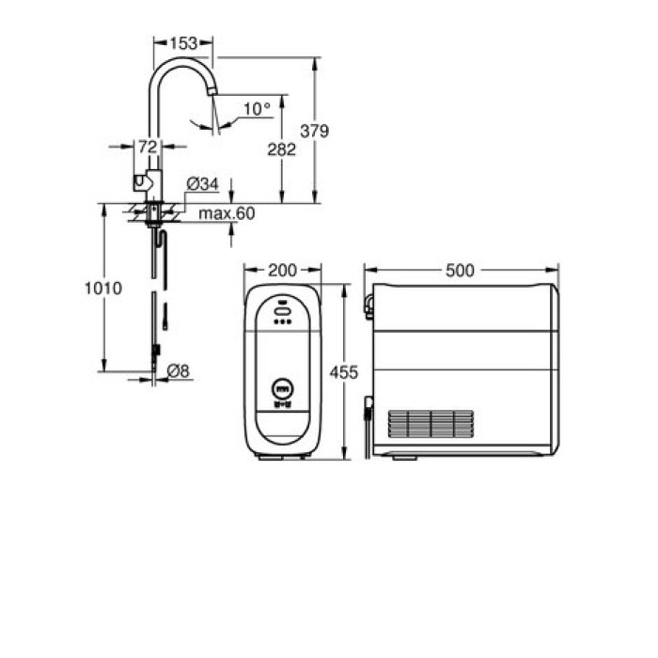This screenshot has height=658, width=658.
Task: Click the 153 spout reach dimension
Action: coord(184,43)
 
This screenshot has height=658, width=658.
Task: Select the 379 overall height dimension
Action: coord(314,131)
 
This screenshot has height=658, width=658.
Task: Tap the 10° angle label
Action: coord(256,109)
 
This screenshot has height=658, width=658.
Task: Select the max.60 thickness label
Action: coord(226,213)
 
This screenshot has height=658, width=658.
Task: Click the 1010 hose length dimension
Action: coord(102,289)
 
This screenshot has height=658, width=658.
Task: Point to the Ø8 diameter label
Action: coord(178,371)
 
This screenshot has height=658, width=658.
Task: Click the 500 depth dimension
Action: coord(460,271)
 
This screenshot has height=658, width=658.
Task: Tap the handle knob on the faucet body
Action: coord(139,181)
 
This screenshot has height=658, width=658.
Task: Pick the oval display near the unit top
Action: coord(283,305)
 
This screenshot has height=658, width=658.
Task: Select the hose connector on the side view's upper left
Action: coord(369,302)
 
